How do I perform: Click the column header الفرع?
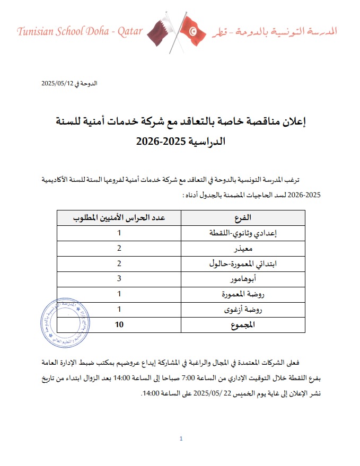[243, 218]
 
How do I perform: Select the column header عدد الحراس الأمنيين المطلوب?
[119, 218]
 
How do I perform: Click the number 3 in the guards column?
[119, 279]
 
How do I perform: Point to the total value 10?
[119, 325]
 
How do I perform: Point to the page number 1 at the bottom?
[181, 439]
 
